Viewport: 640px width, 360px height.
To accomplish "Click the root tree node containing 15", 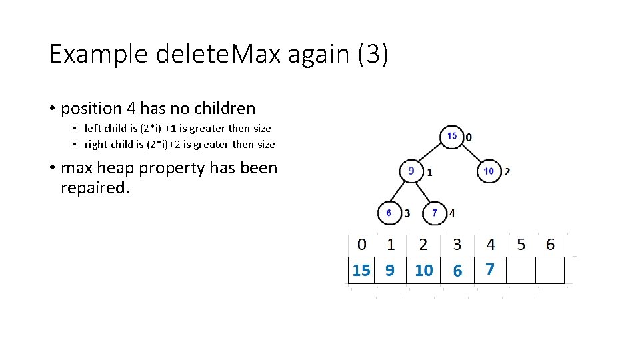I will point(452,136).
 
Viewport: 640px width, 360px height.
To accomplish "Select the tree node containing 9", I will point(411,171).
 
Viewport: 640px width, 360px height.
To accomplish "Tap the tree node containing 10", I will point(489,171).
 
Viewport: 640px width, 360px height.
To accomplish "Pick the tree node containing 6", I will point(389,213).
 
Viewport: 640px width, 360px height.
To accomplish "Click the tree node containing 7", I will point(435,213).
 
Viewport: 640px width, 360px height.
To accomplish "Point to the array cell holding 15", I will point(361,270).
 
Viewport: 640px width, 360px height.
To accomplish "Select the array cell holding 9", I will point(390,270).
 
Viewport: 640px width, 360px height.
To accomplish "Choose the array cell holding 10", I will point(423,270).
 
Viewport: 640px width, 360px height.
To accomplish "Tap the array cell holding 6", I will point(457,270).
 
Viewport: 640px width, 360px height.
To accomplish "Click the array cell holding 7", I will point(490,269).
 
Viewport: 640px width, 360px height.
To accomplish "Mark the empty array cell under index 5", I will point(521,270).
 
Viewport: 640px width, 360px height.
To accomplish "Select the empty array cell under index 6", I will point(550,270).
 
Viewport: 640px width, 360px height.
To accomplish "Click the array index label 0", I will point(361,244).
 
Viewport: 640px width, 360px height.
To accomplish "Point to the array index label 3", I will point(457,244).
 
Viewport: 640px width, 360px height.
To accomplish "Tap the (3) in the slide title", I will point(372,54).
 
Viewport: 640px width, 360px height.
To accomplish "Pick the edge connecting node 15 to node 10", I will point(473,153).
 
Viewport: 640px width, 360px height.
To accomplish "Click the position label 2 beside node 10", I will point(507,171).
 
